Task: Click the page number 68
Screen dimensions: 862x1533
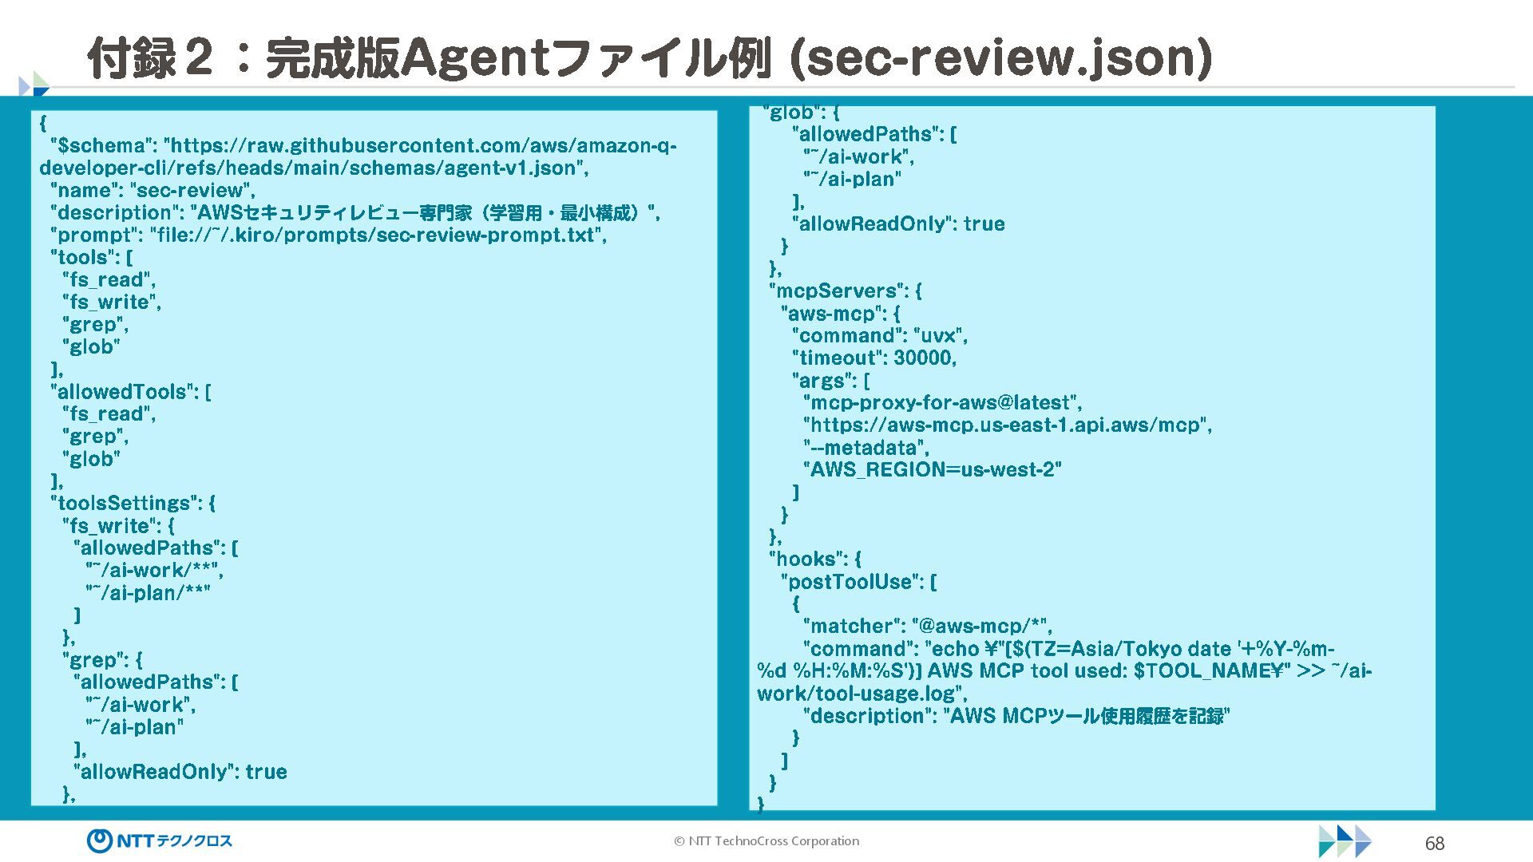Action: coord(1434,844)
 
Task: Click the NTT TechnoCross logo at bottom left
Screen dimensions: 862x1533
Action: coord(160,840)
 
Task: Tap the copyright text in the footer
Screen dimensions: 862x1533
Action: coord(766,841)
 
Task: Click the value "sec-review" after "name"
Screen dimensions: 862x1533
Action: coord(192,191)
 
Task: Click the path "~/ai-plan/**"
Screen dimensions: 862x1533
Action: coord(148,593)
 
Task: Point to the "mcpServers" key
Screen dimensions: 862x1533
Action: coord(838,291)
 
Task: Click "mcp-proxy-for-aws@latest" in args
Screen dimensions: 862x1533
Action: coord(939,403)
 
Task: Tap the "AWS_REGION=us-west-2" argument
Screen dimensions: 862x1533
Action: coord(933,470)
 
